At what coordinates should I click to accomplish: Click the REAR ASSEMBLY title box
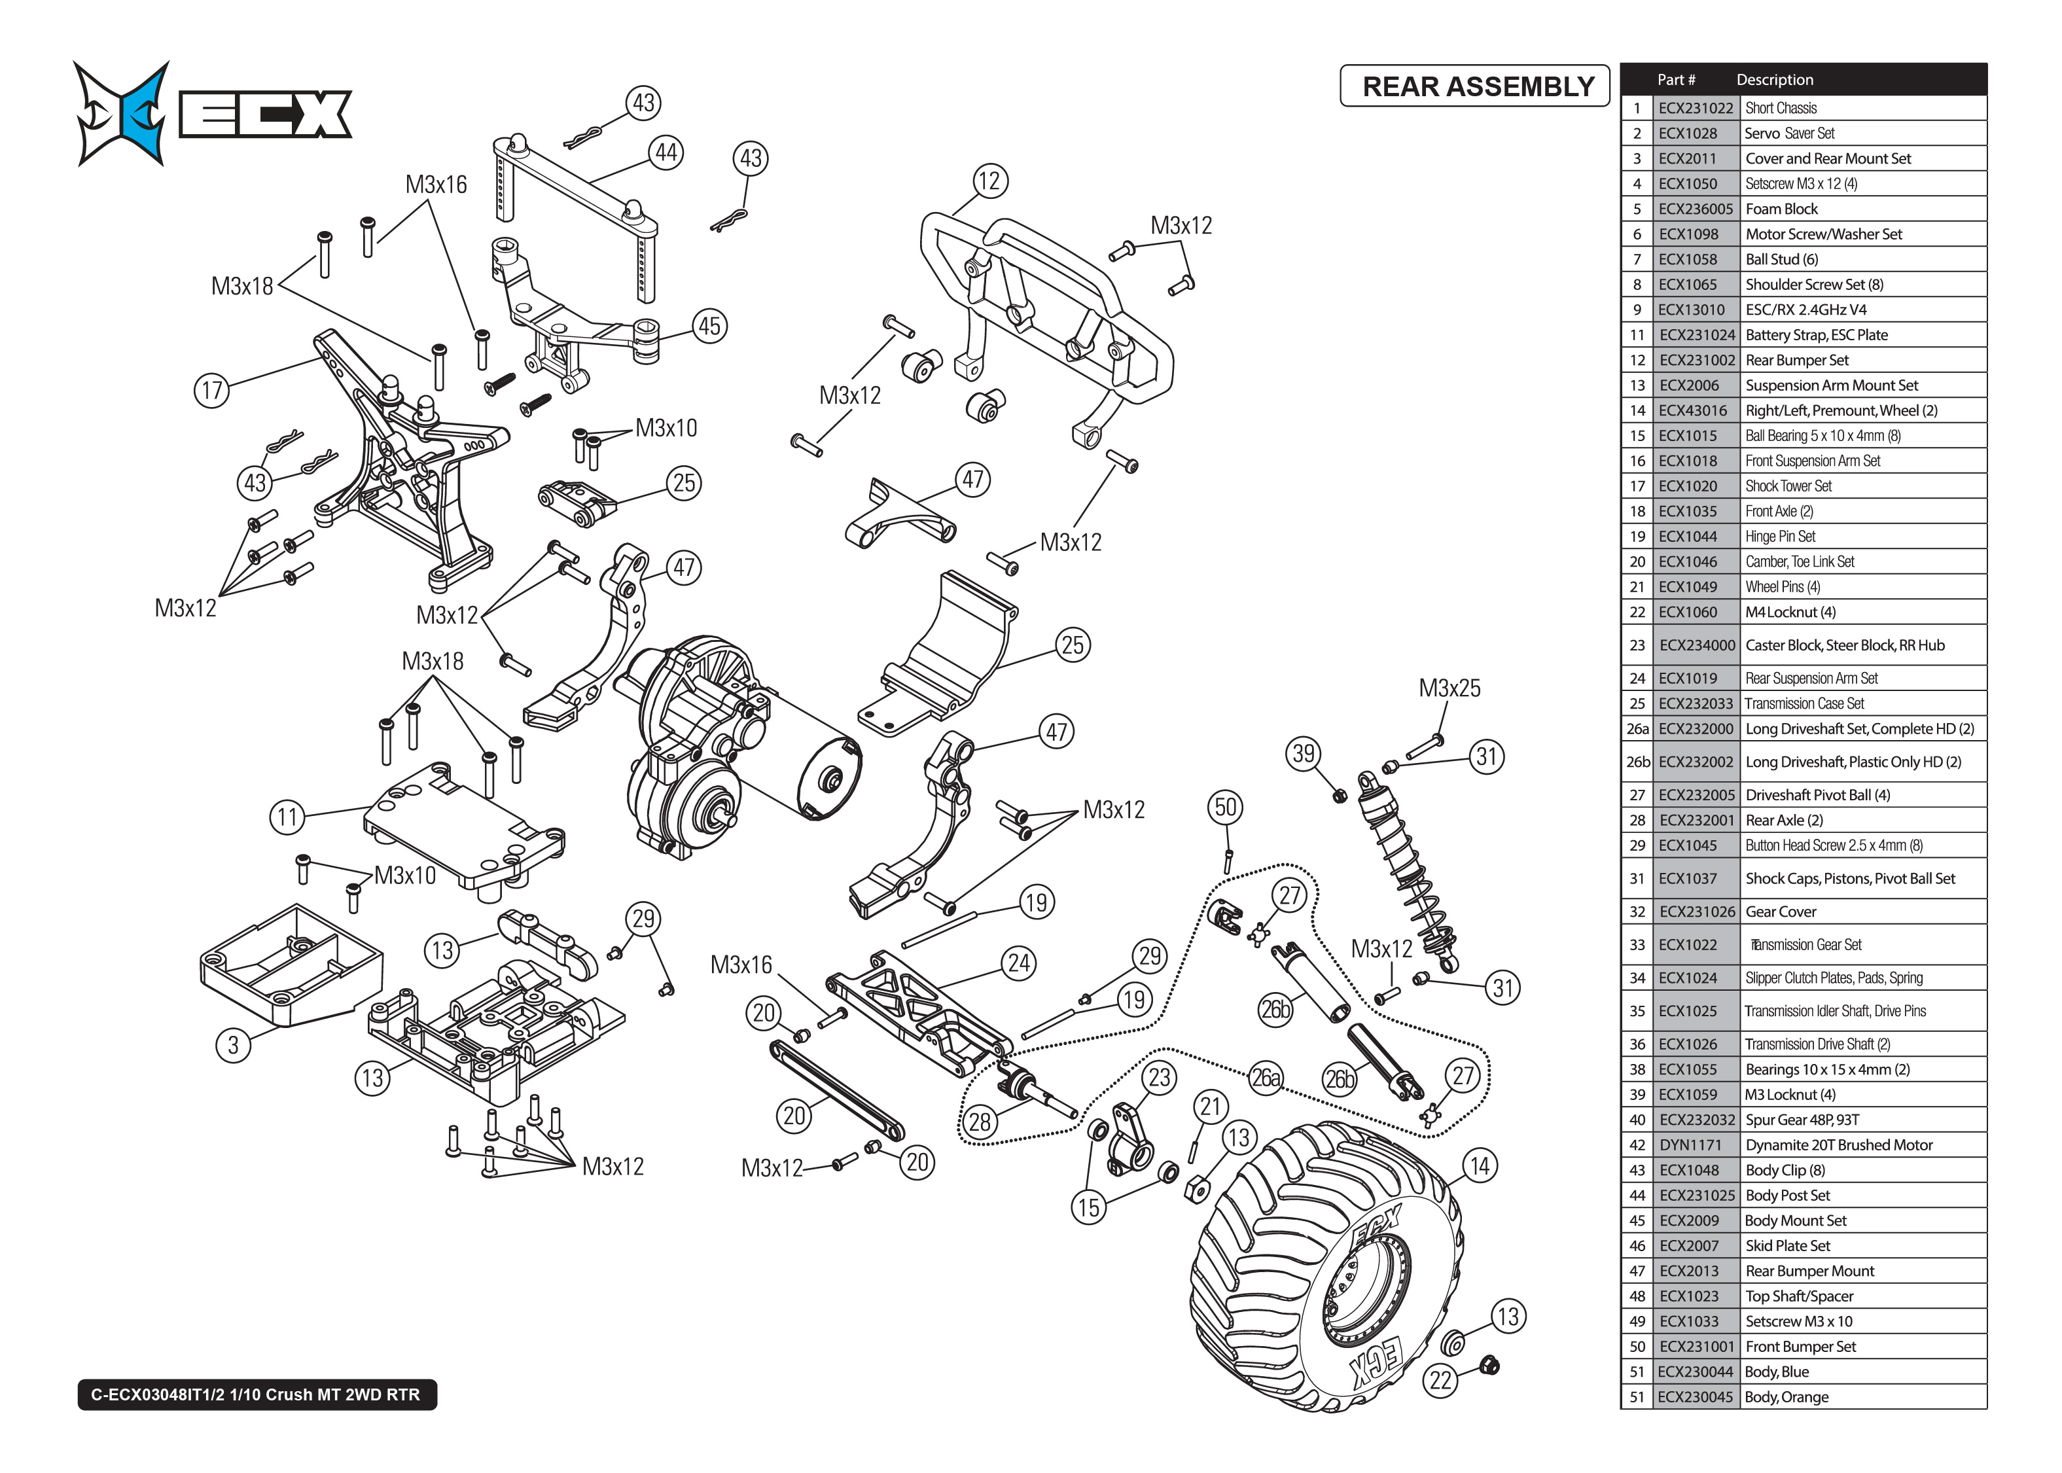[1474, 86]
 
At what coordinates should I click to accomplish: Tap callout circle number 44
[666, 152]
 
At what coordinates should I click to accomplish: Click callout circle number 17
[211, 391]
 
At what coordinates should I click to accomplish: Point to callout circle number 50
[1225, 807]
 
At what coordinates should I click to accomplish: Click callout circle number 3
[233, 1045]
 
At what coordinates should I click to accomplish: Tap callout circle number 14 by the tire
[1479, 1165]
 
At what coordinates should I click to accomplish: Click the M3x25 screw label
[1449, 688]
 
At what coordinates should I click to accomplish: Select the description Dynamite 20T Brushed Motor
[1838, 1145]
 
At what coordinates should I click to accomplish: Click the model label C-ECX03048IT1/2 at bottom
[256, 1394]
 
